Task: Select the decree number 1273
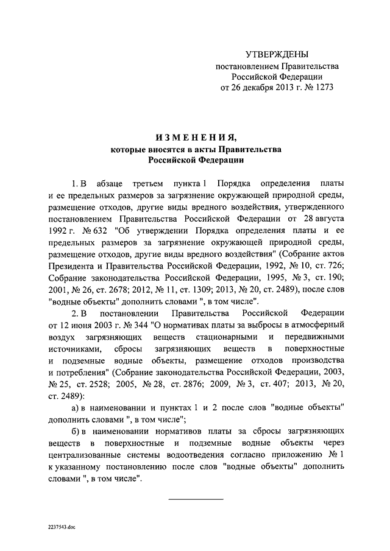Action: tap(324, 88)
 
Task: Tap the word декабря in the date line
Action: tap(261, 88)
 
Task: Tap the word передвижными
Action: tap(316, 337)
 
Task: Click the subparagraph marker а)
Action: tap(76, 407)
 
